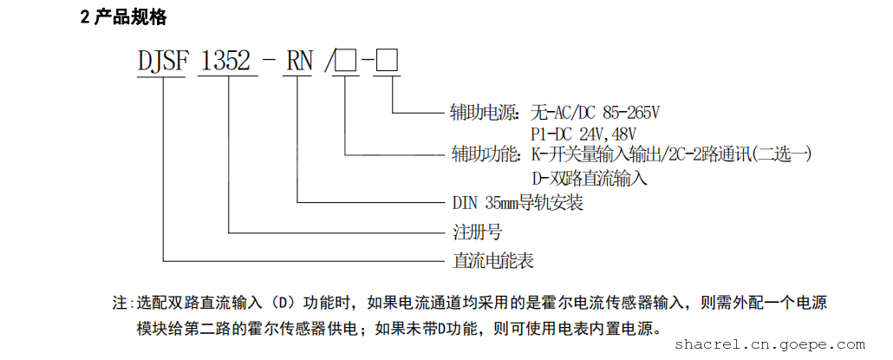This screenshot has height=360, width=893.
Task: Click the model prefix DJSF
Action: click(161, 62)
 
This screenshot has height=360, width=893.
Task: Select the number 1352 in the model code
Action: click(227, 62)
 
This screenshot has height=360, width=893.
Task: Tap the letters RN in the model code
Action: click(299, 62)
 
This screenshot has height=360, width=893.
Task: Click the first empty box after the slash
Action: click(346, 62)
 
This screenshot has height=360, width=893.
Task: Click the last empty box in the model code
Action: click(387, 62)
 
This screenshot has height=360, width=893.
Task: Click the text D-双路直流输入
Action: click(590, 180)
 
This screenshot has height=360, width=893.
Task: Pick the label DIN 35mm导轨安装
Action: click(517, 204)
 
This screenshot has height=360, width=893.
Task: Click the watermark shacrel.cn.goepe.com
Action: click(790, 344)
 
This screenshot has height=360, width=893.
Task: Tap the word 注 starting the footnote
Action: click(119, 304)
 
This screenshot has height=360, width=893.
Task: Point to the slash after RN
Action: click(328, 62)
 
